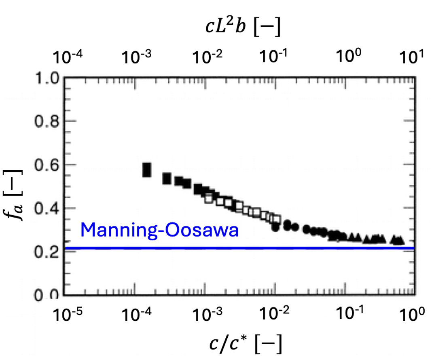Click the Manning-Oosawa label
pyautogui.click(x=159, y=230)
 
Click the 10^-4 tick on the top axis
pyautogui.click(x=66, y=57)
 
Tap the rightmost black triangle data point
pyautogui.click(x=400, y=240)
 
